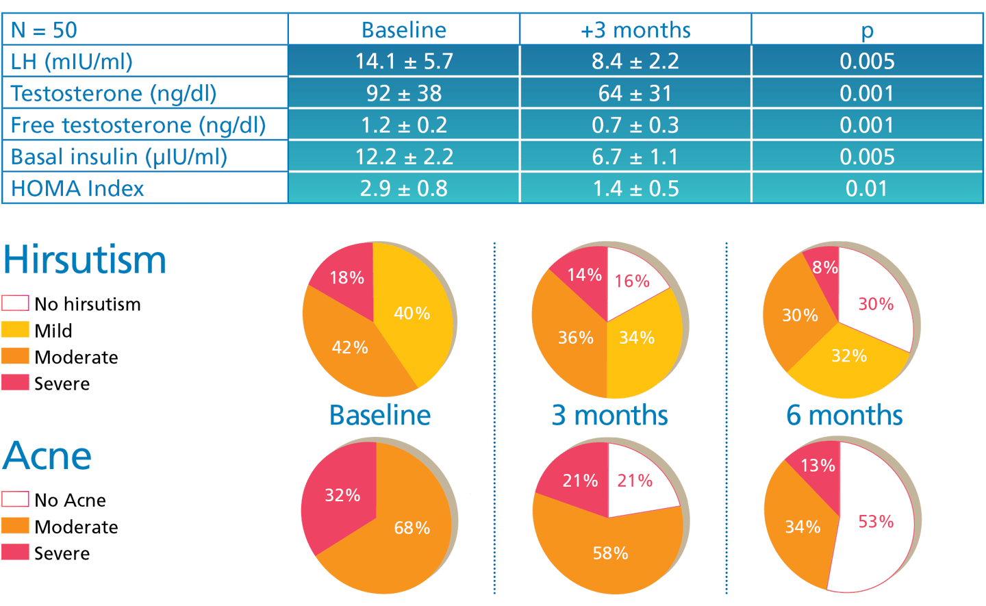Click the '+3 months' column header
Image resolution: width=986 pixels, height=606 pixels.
[x=635, y=30]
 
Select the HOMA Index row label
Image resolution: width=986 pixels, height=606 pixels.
[x=77, y=189]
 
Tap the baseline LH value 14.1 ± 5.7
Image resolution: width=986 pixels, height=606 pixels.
[x=404, y=62]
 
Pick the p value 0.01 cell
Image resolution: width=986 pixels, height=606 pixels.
[x=867, y=189]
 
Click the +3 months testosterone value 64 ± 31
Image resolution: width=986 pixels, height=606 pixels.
[x=635, y=93]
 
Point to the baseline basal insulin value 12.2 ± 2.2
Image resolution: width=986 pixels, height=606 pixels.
[x=404, y=157]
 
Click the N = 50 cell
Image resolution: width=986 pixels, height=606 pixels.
[x=45, y=30]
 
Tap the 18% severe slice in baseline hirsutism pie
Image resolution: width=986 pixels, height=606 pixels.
[x=347, y=277]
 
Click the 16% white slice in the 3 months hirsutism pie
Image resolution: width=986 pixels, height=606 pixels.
[x=631, y=281]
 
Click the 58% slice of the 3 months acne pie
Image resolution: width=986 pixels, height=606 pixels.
[x=610, y=553]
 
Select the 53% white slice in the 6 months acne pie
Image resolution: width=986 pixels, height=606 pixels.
[x=876, y=522]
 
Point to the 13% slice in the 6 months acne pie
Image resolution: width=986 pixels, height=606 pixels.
[x=818, y=466]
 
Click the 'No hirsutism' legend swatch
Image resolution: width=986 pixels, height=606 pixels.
[x=15, y=303]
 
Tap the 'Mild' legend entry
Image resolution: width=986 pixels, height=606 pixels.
[x=53, y=331]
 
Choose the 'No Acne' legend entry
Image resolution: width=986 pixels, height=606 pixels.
[x=70, y=500]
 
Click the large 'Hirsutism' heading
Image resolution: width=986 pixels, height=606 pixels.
[x=85, y=260]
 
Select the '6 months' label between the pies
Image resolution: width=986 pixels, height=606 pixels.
[x=844, y=415]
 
